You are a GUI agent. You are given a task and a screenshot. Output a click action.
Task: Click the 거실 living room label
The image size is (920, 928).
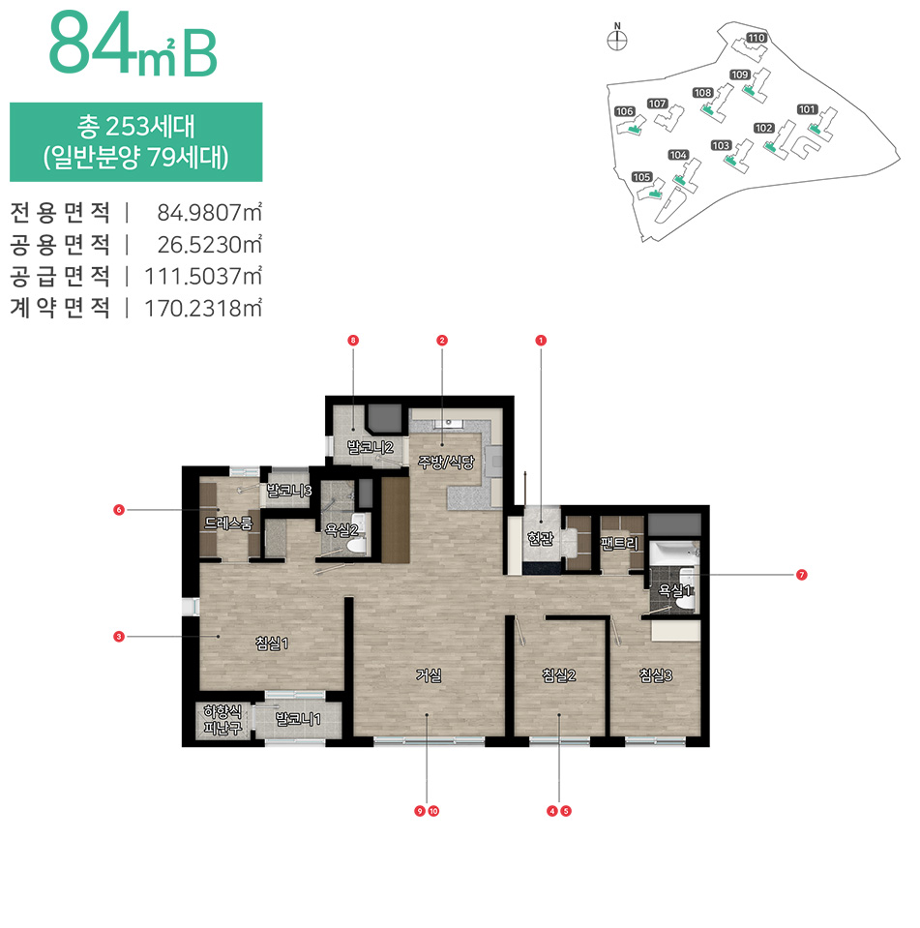[x=429, y=674]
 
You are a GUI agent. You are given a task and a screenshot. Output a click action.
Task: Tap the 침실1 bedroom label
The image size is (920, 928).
[x=272, y=643]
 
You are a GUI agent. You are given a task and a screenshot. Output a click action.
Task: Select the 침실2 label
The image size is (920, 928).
[x=559, y=674]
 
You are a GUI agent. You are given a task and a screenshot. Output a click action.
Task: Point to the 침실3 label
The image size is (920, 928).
[x=656, y=674]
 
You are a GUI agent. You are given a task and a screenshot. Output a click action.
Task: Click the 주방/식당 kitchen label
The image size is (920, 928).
[x=446, y=462]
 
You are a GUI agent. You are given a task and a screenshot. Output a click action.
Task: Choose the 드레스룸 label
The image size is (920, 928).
[x=228, y=523]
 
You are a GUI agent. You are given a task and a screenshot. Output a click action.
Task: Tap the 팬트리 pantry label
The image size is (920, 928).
[x=619, y=543]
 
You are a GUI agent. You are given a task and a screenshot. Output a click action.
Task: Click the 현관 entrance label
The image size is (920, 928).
[x=540, y=538]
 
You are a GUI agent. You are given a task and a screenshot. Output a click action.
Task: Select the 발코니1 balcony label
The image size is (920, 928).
[x=298, y=719]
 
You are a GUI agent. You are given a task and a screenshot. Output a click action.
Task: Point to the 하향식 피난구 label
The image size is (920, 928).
[x=223, y=720]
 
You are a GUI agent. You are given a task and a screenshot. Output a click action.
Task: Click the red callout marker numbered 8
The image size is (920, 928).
[x=353, y=341]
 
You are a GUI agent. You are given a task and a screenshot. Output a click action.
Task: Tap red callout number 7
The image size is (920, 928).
[x=802, y=575]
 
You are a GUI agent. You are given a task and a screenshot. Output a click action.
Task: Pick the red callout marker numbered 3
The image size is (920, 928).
[x=119, y=637]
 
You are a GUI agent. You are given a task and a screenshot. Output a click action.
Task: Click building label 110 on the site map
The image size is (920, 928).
[x=757, y=38]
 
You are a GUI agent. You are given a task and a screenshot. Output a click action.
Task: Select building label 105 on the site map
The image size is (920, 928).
[x=642, y=177]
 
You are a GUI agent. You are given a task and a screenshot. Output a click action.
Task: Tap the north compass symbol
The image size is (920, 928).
[x=617, y=39]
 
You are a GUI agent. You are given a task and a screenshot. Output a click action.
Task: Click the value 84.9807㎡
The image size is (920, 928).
[x=209, y=213]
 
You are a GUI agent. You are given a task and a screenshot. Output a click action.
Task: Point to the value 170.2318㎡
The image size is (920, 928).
[x=203, y=309]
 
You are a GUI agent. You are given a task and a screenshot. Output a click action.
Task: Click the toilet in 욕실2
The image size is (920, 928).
[x=356, y=540]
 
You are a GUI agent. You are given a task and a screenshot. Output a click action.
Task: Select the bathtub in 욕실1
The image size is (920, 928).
[x=674, y=554]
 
